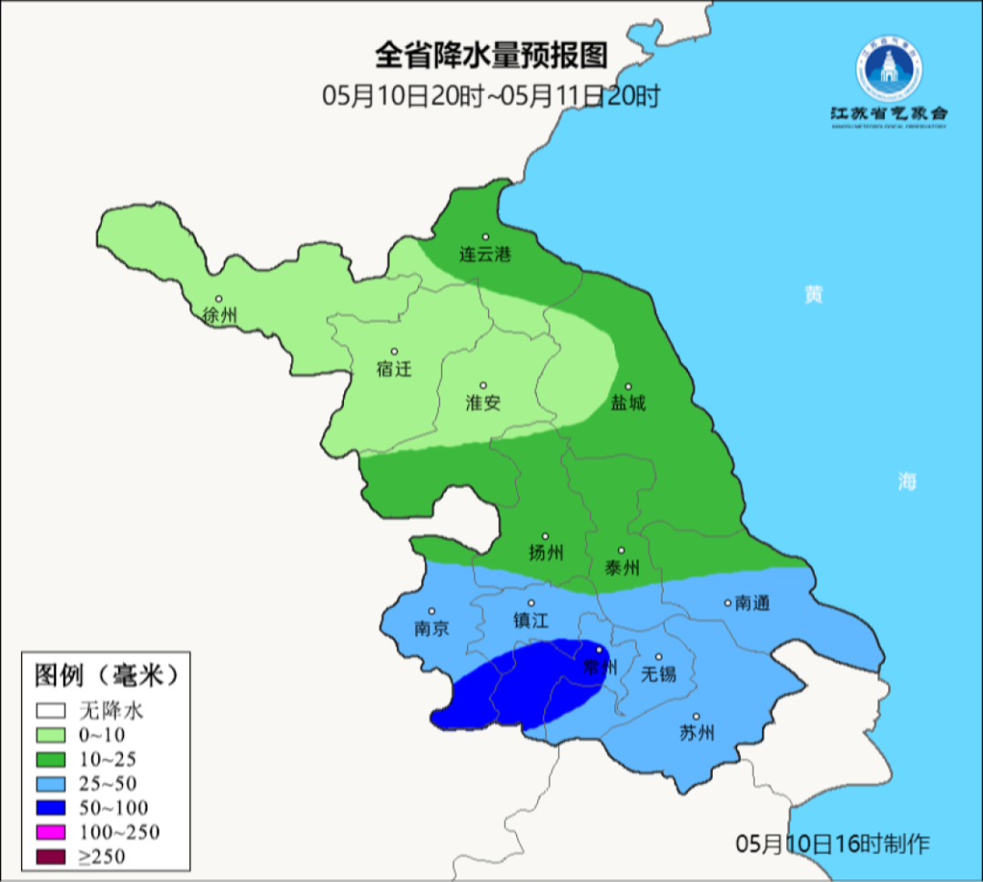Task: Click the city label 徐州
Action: pos(220,316)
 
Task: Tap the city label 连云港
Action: pos(484,254)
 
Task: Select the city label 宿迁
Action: pos(394,369)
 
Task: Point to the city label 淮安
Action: pos(483,402)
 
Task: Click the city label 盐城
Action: pos(627,402)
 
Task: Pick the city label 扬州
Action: pos(546,553)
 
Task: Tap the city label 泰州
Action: pos(622,567)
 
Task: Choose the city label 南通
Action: pos(753,603)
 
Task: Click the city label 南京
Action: pos(431,628)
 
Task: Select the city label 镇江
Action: pos(532,620)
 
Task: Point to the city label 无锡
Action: pos(659,674)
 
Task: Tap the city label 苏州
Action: pos(697,733)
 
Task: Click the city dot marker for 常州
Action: pos(599,650)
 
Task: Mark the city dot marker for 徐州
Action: pos(218,299)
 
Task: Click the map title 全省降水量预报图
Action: pos(491,56)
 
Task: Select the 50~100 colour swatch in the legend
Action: pos(52,807)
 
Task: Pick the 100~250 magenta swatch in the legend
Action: pos(52,832)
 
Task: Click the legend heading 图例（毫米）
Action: pos(104,675)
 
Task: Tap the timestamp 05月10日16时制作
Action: pos(833,844)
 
